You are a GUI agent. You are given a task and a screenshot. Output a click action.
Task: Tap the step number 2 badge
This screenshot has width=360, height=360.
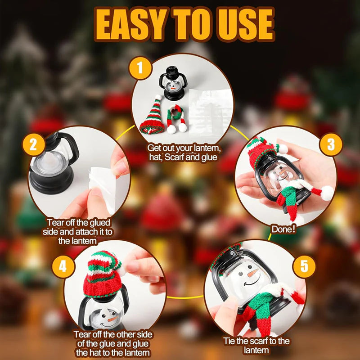[33, 145]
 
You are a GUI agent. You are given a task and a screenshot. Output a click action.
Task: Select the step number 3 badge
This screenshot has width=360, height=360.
[331, 144]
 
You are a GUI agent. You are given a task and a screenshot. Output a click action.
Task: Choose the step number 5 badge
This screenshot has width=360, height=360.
[305, 266]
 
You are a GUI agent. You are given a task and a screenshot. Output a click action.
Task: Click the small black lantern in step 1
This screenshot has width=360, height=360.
[172, 83]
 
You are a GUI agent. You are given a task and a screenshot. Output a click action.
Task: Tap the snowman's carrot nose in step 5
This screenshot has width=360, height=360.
[252, 273]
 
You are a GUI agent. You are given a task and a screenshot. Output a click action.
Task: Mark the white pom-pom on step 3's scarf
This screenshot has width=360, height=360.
[327, 193]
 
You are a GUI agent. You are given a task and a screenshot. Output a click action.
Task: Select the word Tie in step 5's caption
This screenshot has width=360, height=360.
[230, 341]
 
